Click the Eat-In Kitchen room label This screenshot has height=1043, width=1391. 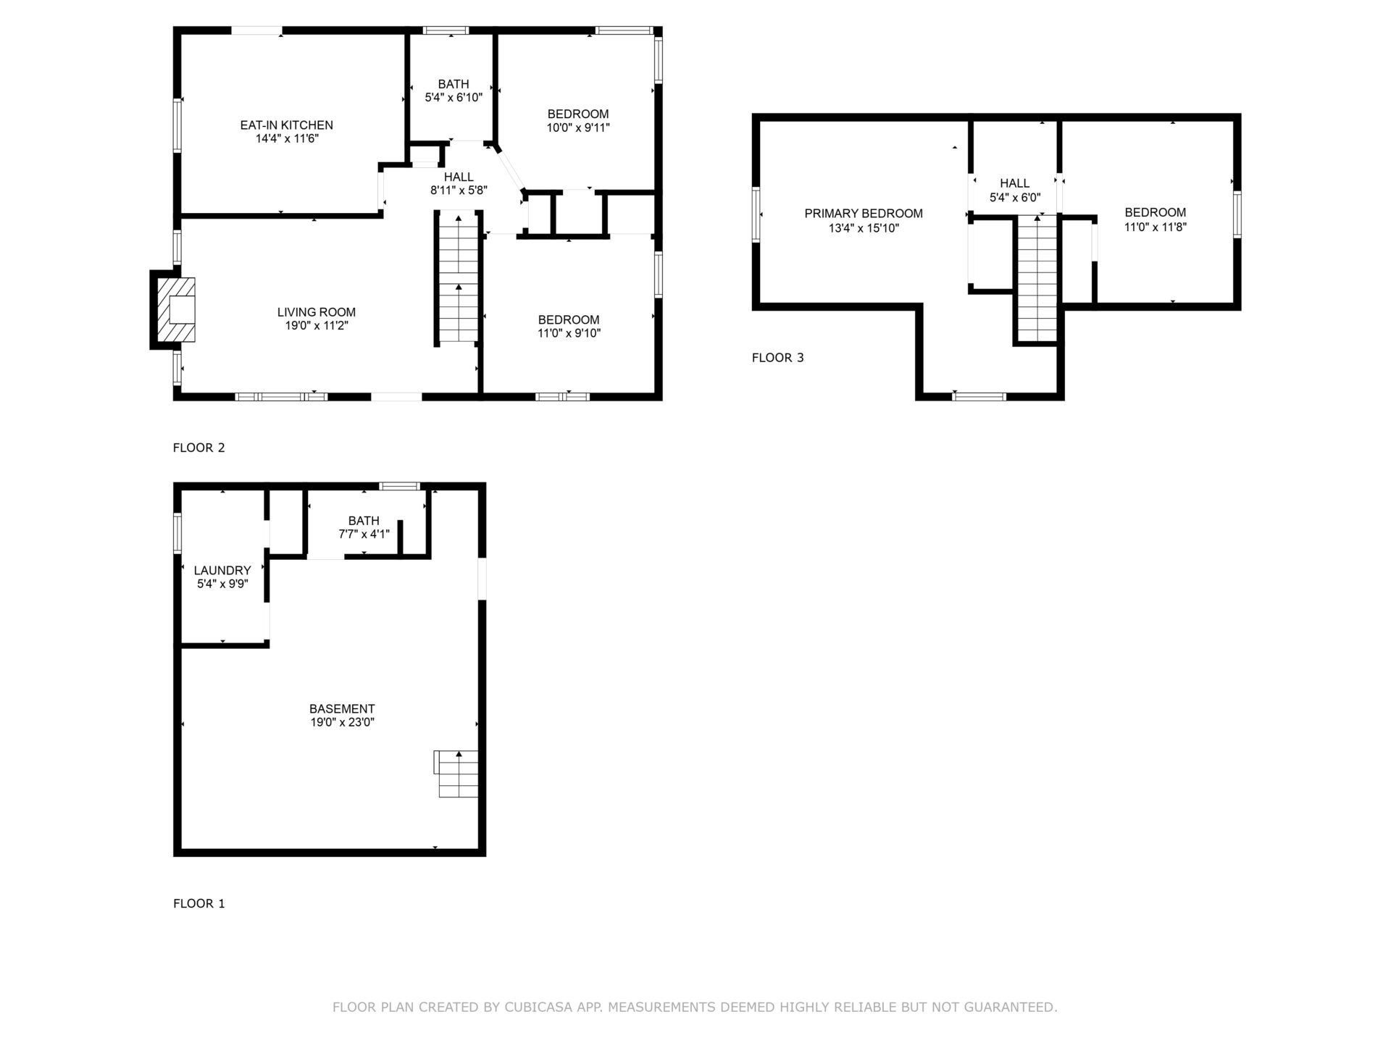(287, 132)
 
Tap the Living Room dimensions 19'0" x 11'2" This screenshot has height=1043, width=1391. (317, 326)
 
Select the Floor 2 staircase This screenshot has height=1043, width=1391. (459, 277)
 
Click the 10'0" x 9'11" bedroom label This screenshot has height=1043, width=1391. (578, 121)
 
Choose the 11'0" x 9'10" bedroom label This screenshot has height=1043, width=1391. (569, 327)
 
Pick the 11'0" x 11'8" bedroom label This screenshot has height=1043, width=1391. (1156, 219)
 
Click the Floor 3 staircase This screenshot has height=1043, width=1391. (1037, 278)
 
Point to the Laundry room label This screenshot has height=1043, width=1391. (222, 577)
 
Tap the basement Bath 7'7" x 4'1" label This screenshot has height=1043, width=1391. (364, 527)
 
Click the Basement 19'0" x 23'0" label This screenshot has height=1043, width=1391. (342, 716)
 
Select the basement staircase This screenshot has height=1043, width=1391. (456, 774)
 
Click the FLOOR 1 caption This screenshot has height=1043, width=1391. (199, 904)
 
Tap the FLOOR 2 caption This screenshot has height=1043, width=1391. (199, 448)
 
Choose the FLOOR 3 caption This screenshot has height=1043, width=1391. (778, 358)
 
